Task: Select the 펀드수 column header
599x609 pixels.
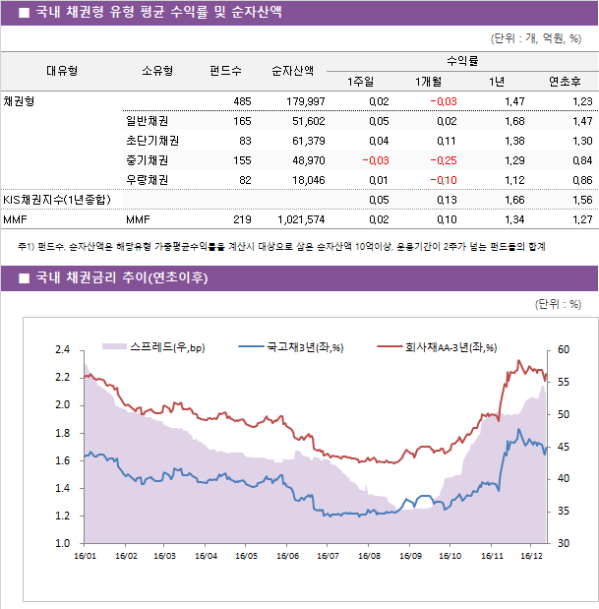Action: [225, 71]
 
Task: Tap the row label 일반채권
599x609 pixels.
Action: [146, 121]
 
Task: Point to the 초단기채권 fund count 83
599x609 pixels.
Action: [245, 141]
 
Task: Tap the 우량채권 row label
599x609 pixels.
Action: [146, 180]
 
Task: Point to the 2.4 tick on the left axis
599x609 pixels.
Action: [62, 350]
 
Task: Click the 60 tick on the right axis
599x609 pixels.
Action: [563, 350]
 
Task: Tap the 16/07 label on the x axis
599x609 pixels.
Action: [328, 556]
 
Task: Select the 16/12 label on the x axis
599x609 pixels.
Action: [531, 556]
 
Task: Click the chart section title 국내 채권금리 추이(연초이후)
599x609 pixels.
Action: [121, 278]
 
